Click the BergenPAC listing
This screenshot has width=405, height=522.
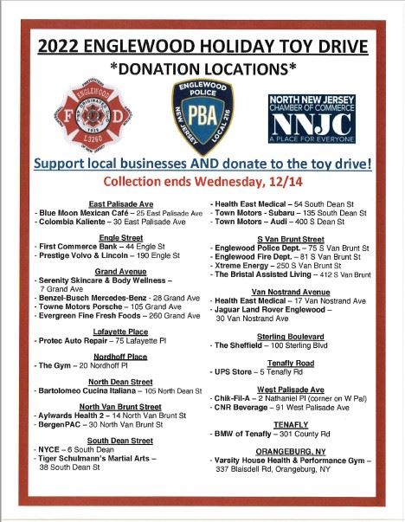click(56, 425)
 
